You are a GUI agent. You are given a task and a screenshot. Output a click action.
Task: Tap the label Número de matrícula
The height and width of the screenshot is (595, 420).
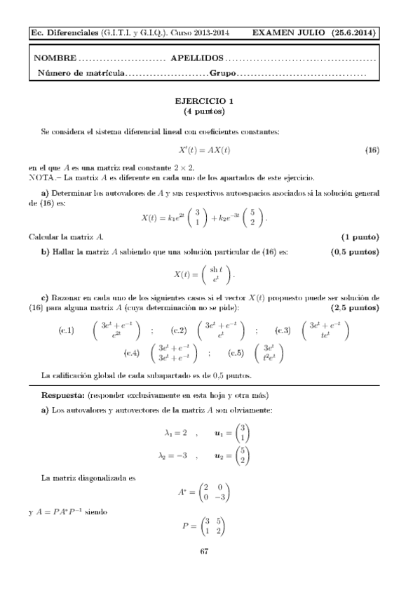(81, 73)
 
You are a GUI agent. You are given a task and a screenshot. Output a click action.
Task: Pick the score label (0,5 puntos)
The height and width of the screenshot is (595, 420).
(355, 251)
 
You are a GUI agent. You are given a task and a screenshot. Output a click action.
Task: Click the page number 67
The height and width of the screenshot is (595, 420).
(205, 551)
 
